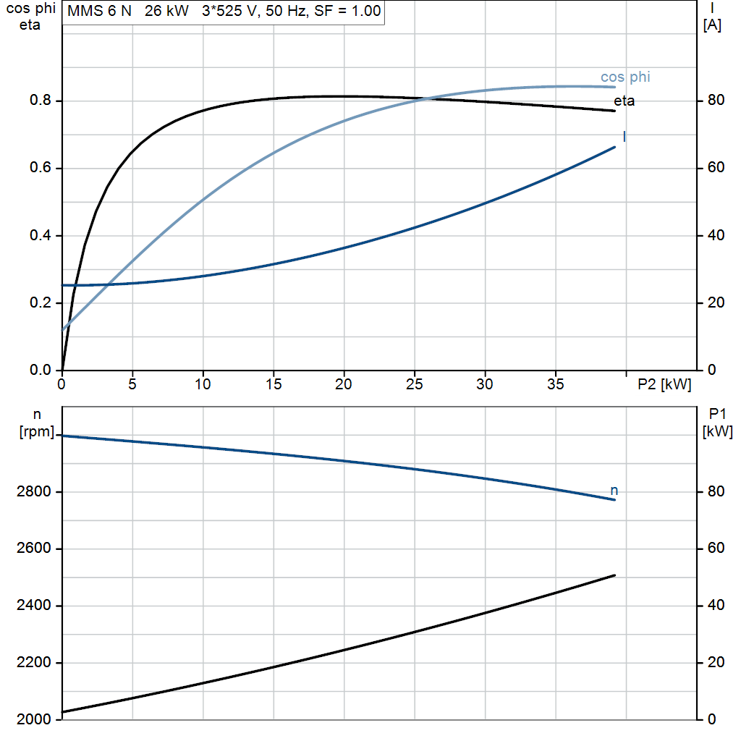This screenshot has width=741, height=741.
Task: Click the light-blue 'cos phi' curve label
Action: coord(625,77)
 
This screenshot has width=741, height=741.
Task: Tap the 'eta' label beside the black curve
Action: coord(624,101)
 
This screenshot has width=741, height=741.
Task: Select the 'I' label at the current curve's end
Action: coord(624,137)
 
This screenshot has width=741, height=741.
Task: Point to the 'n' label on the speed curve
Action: coord(614,491)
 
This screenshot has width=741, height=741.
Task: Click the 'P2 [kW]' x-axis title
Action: coord(664,384)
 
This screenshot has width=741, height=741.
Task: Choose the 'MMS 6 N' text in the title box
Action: coord(99,11)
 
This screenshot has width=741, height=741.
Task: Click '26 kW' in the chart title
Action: coord(166,11)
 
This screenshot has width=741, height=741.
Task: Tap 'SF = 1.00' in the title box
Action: coord(347,11)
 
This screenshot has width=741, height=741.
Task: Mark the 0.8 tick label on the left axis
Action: coord(41,100)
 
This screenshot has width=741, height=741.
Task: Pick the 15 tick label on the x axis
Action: coord(273,384)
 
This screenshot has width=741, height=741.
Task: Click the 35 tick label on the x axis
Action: coord(555,384)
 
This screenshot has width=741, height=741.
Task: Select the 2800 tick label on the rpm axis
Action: coord(33,492)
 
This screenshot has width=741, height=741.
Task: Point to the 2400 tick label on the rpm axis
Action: coord(33,606)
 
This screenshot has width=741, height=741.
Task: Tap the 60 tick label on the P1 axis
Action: coord(716,549)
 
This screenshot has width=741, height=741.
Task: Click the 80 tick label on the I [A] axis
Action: coord(716,100)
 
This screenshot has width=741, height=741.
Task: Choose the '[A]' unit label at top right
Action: coord(712,25)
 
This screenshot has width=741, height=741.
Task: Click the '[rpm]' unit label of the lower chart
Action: coord(37,431)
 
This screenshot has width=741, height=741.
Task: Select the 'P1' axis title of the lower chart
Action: coord(717,414)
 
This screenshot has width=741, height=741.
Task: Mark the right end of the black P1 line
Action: coord(615,575)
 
